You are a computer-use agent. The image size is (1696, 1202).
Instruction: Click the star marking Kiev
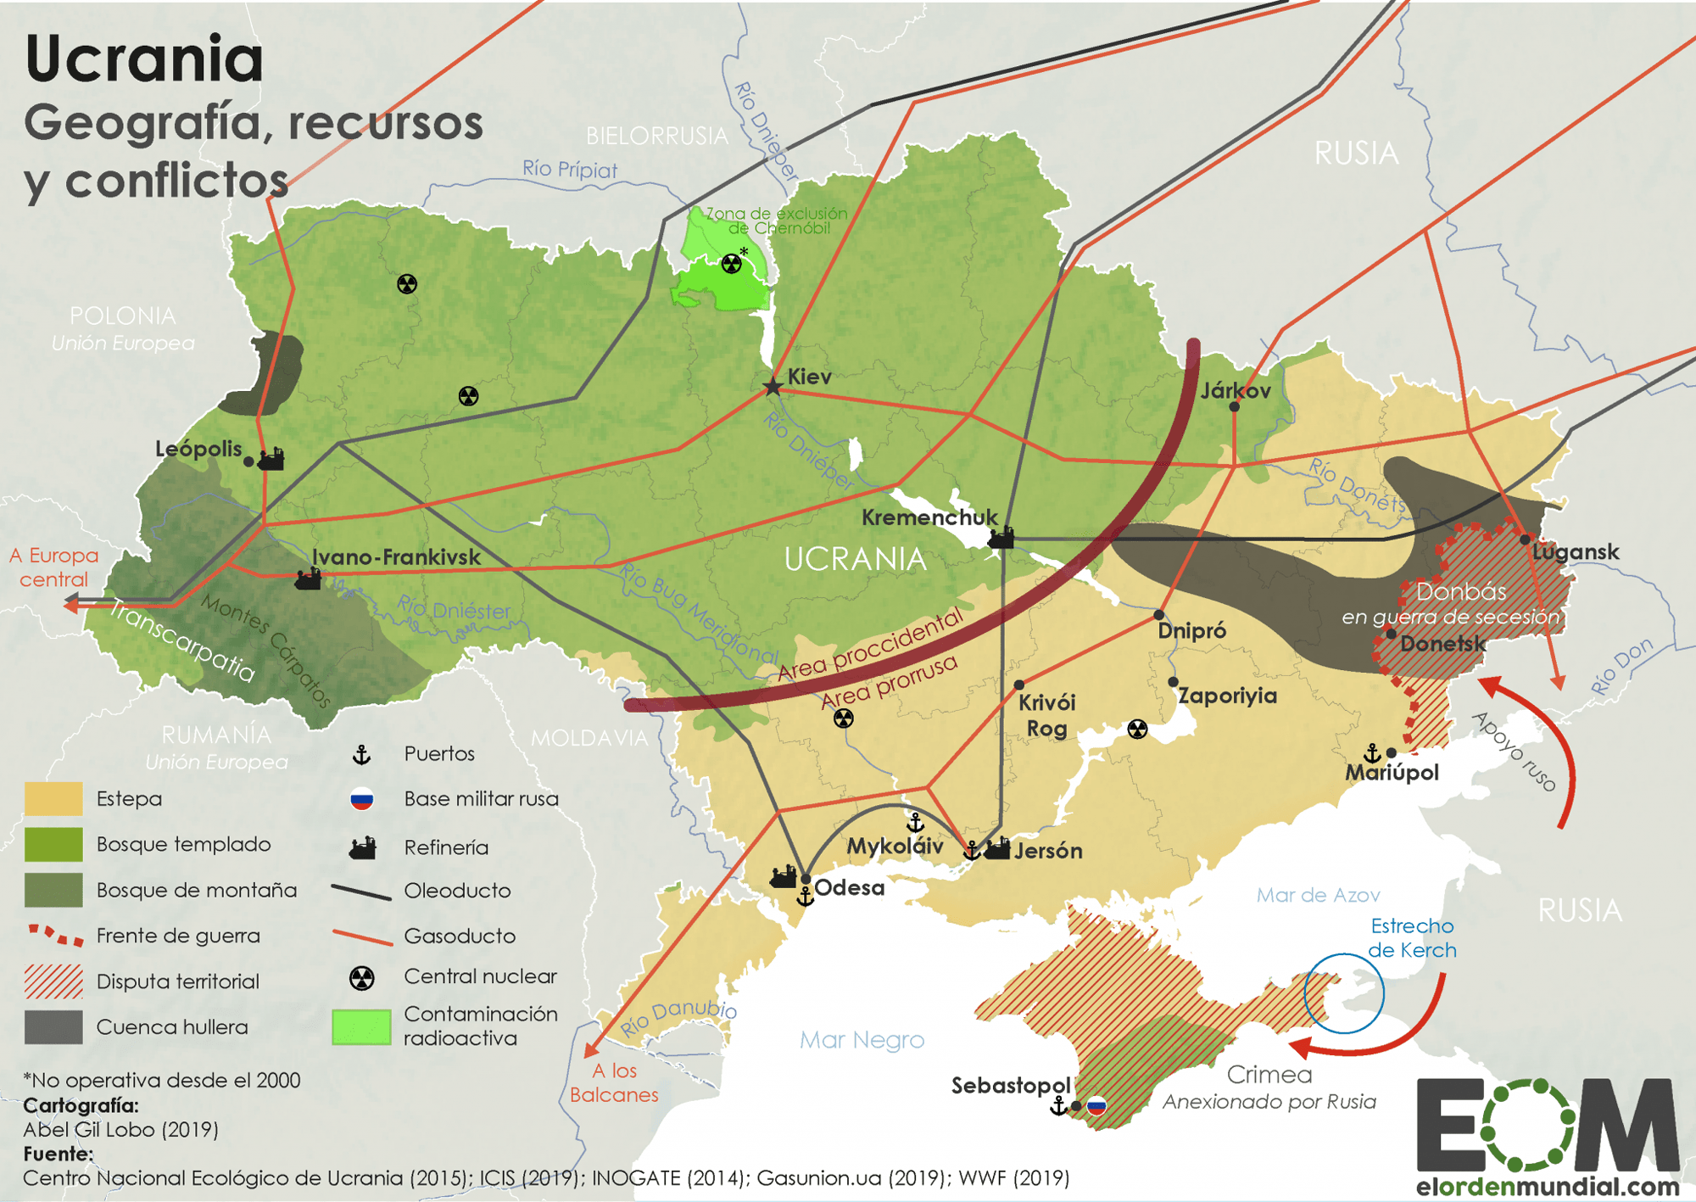click(773, 387)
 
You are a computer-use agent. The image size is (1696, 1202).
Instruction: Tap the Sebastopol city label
click(1010, 1086)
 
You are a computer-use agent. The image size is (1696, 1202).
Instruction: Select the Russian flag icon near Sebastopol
click(1096, 1106)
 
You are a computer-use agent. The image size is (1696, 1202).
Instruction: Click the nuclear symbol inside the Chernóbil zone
click(731, 264)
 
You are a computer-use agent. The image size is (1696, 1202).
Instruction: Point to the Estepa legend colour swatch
click(53, 798)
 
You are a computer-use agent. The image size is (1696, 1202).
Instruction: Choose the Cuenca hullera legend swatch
click(53, 1026)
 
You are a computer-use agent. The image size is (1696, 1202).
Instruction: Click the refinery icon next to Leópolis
click(271, 460)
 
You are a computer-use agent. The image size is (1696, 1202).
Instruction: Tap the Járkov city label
click(1236, 391)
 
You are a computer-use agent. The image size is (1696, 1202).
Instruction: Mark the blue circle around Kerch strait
click(1343, 993)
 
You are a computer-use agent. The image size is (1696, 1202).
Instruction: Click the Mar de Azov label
click(1318, 895)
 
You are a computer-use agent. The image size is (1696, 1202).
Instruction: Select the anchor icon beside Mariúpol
click(1371, 752)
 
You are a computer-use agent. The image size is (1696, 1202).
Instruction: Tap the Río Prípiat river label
click(569, 169)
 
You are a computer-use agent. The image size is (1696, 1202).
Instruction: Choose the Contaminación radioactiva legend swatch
click(361, 1026)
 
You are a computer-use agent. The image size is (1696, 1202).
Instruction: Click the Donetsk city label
click(1442, 644)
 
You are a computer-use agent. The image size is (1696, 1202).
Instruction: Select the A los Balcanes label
click(614, 1082)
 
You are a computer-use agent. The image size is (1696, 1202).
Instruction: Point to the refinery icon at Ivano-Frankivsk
click(307, 579)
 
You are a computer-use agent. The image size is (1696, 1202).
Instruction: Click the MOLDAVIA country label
click(589, 738)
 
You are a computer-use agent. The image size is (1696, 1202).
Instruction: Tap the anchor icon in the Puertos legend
click(362, 754)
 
